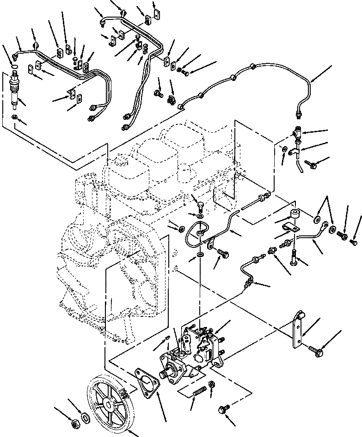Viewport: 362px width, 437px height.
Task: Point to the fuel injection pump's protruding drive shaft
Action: click(x=166, y=372)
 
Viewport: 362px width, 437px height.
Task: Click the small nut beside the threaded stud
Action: click(x=212, y=385)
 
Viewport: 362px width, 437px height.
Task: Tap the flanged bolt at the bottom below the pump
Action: click(x=223, y=409)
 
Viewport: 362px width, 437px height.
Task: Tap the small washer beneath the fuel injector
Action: click(x=15, y=117)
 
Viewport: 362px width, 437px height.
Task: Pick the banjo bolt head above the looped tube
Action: click(x=200, y=204)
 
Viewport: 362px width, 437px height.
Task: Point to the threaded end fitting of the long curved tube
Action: click(x=298, y=112)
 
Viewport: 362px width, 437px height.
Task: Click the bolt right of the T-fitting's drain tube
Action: click(x=309, y=162)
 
